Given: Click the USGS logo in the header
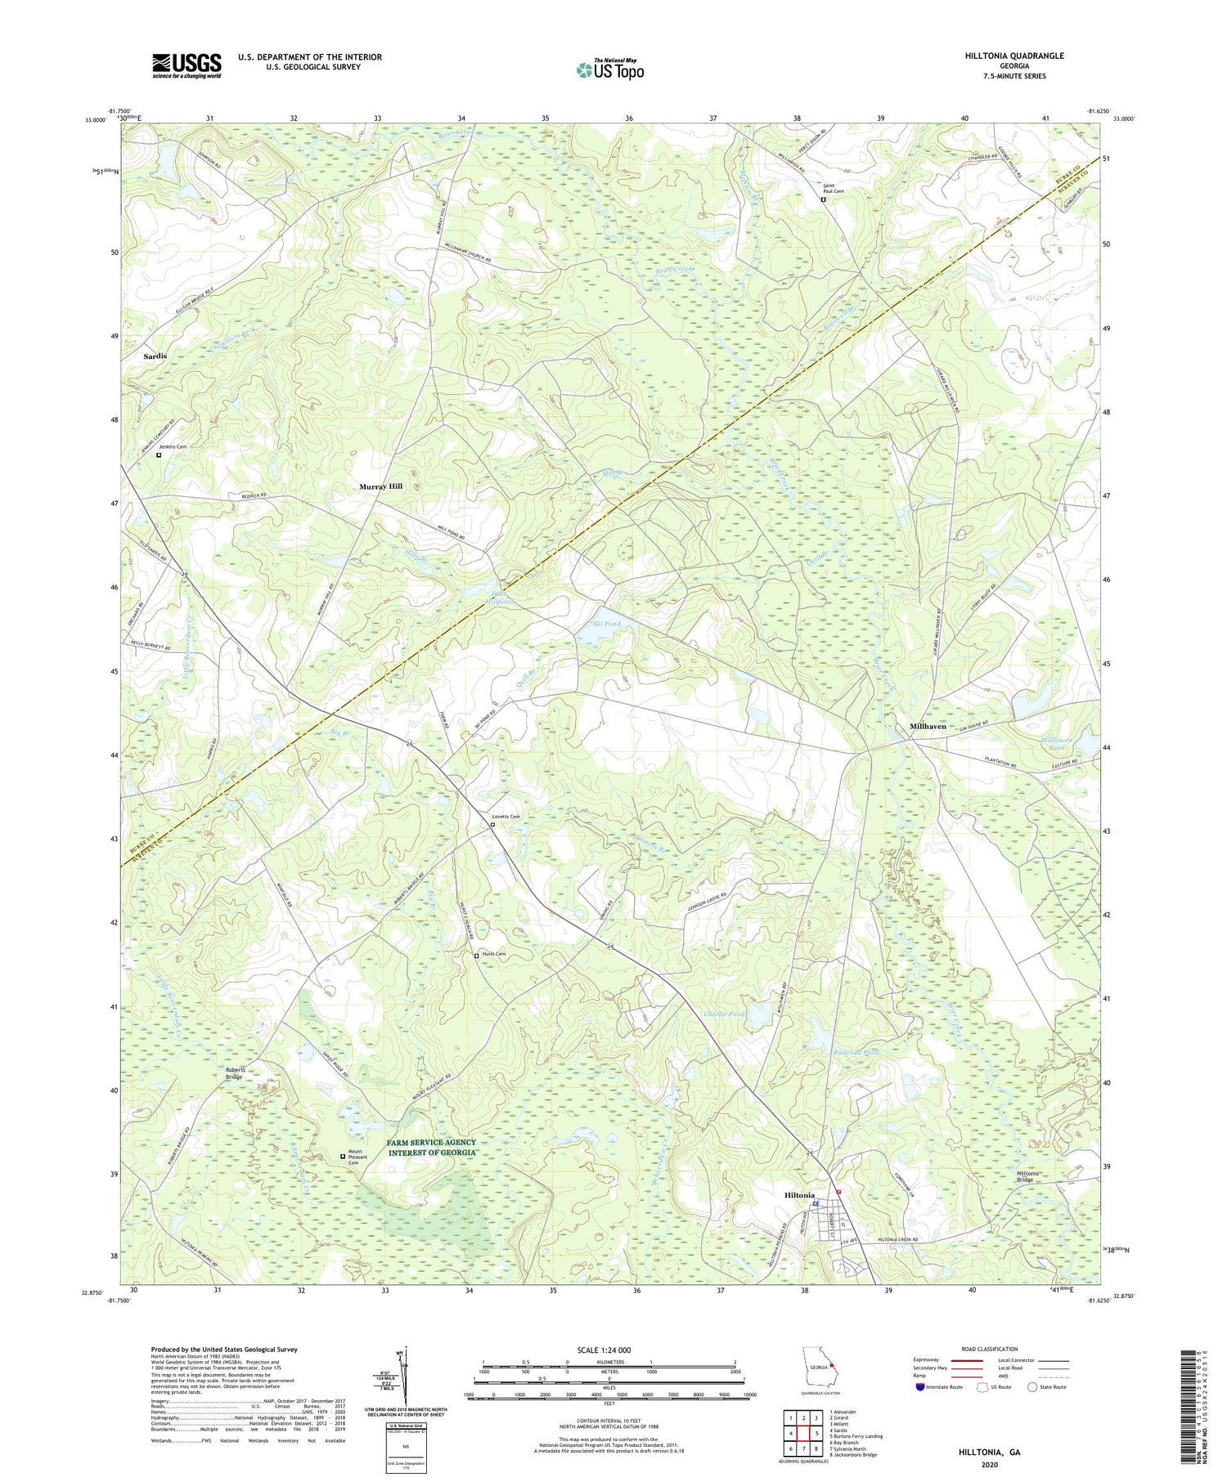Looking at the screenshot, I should point(186,65).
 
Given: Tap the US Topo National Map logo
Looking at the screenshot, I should point(609,69).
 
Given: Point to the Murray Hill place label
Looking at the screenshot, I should point(380,486).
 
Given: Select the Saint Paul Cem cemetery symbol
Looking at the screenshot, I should point(824,199).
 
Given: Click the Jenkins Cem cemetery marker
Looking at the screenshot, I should point(159,455).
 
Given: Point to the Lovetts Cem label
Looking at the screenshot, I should point(506,817).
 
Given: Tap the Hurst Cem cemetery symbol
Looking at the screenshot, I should point(477,956).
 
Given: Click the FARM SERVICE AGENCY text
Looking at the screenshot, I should point(432,1142).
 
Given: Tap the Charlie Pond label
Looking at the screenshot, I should point(724,1014).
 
